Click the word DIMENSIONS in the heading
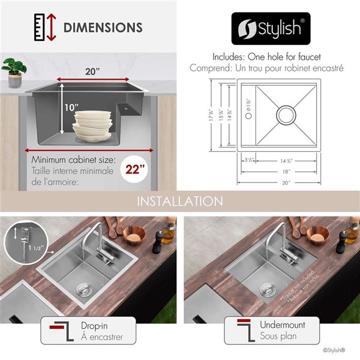point(103,28)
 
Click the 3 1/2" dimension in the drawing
point(247,160)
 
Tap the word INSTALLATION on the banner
point(179,201)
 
